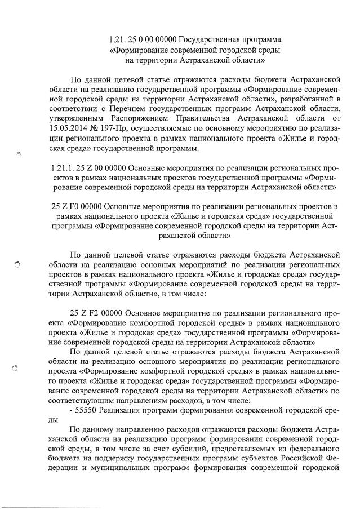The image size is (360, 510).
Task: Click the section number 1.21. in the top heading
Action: (117, 41)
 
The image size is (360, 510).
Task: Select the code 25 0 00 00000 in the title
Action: (152, 41)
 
